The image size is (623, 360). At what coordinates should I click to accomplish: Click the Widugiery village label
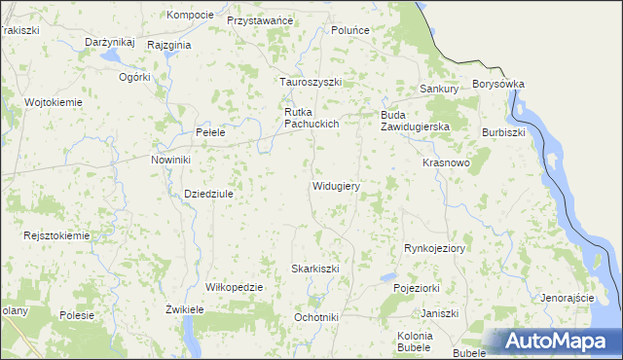click(337, 186)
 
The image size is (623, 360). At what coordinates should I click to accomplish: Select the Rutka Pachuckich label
click(311, 118)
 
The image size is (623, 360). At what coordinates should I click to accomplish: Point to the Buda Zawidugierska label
click(414, 121)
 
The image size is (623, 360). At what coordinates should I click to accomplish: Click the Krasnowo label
click(447, 163)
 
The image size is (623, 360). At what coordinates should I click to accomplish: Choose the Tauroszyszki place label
click(311, 83)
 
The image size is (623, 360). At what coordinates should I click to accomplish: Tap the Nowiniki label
click(170, 160)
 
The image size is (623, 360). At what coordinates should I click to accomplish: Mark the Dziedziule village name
click(209, 194)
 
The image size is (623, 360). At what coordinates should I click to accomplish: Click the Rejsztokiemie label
click(57, 235)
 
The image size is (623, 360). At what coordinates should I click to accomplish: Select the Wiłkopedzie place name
click(235, 287)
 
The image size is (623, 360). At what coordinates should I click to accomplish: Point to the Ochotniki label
click(316, 317)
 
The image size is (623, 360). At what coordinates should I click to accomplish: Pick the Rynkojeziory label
click(435, 249)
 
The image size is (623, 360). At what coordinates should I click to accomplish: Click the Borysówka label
click(498, 85)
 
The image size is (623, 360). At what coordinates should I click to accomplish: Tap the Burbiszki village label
click(503, 131)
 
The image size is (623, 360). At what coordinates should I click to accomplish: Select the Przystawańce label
click(260, 20)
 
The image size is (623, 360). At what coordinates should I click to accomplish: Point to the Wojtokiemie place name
click(55, 102)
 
